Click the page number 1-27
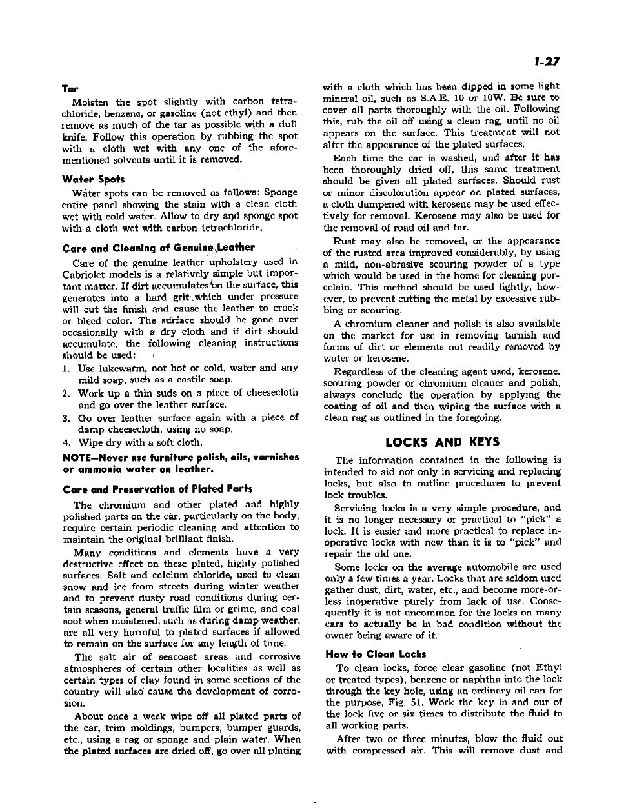point(545,62)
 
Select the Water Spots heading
point(94,179)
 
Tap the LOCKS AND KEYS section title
point(442,442)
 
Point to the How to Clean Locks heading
point(376,654)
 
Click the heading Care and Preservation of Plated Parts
point(157,489)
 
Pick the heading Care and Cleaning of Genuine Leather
point(158,247)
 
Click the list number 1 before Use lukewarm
point(66,368)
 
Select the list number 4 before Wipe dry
point(66,442)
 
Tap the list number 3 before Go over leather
point(66,417)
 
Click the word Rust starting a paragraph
point(344,241)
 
